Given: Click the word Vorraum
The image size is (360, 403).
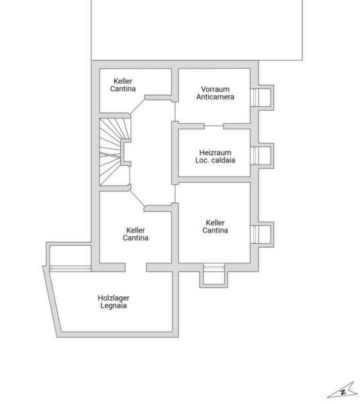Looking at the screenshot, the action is (215, 89).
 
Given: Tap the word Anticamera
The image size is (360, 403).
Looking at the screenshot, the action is (215, 97).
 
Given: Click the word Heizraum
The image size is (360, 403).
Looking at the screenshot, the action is (215, 152).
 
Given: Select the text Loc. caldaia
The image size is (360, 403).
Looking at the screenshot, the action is (215, 160).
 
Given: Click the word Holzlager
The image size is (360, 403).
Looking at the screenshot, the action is (114, 298).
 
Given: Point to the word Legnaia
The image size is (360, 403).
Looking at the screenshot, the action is (114, 306).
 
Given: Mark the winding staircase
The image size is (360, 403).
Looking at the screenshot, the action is (115, 152).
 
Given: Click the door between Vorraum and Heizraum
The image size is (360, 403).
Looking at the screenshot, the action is (214, 126).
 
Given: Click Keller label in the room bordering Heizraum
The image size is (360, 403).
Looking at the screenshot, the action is (215, 222).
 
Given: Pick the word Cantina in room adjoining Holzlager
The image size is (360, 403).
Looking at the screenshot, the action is (136, 238).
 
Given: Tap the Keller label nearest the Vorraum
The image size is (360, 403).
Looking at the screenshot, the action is (123, 81).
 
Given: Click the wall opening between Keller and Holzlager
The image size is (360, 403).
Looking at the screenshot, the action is (136, 267).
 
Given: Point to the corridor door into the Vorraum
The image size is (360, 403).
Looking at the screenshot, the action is (175, 111).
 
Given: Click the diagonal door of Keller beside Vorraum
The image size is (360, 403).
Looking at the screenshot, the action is (138, 107).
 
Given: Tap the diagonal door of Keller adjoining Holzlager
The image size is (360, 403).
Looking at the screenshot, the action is (138, 198).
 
